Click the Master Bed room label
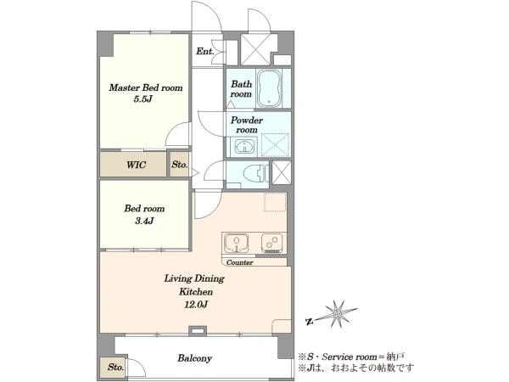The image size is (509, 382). coord(146,87)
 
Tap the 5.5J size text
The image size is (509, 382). coord(143,99)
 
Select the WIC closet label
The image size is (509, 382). coord(136,165)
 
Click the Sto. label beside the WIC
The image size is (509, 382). coord(180,165)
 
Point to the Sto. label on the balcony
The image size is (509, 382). coord(116,368)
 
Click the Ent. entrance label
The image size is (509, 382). coord(204,51)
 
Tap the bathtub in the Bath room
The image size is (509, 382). coord(269,88)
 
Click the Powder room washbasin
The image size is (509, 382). coord(243,147)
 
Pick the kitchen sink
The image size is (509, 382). coord(237,243)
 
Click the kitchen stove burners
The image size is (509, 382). coord(271,243)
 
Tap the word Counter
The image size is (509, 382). coord(239,262)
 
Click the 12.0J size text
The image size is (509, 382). coord(196,305)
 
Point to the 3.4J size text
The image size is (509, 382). coord(144,222)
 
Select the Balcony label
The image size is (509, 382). coord(195,358)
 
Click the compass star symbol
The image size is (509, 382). coord(338,314)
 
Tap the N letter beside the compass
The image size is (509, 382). coord(310,322)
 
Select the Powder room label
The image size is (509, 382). coord(247,125)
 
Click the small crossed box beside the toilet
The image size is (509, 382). coord(281,172)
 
